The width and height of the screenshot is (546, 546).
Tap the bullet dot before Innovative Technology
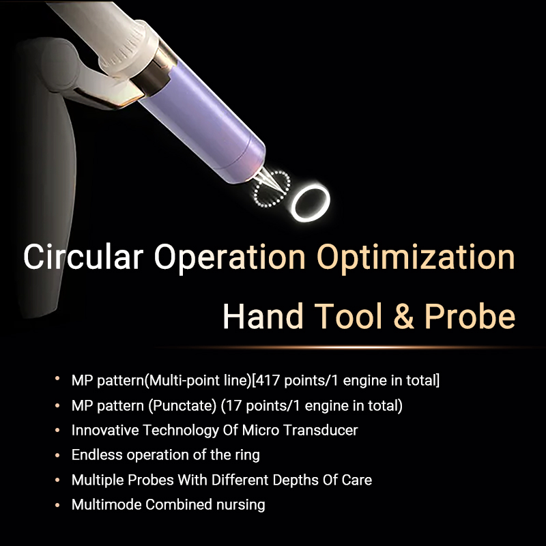pyautogui.click(x=58, y=431)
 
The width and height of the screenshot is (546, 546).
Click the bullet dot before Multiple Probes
pyautogui.click(x=58, y=480)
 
